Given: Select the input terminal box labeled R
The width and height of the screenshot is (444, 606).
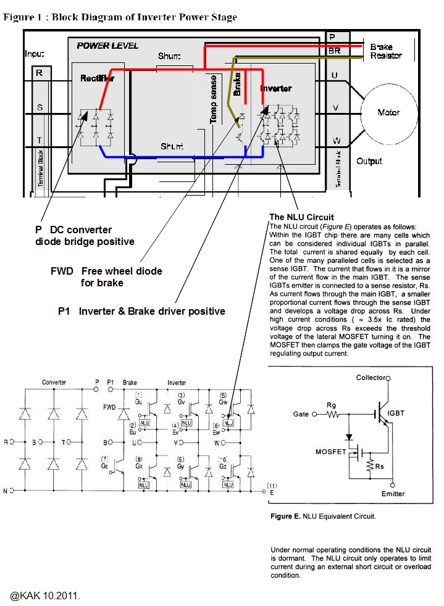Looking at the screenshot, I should click(x=40, y=73).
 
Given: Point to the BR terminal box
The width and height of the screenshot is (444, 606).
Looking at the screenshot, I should click(x=334, y=51).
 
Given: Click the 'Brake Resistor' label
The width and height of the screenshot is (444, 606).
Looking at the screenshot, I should click(x=386, y=51).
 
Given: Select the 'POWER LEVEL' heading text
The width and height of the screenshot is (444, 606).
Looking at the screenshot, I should click(x=107, y=46).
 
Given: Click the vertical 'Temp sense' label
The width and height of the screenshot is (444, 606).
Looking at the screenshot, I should click(x=214, y=99).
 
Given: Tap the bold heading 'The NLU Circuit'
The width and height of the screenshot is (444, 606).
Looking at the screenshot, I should click(x=301, y=217).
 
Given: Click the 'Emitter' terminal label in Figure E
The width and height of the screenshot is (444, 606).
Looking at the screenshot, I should click(x=393, y=494).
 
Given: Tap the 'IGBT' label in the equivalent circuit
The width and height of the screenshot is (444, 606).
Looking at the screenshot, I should click(x=395, y=413).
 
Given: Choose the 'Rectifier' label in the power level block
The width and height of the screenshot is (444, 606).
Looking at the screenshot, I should click(x=97, y=78).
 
